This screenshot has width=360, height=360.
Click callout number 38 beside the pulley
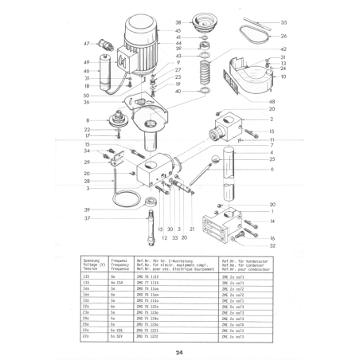[x=178, y=22]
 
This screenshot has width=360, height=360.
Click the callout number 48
[x=272, y=102]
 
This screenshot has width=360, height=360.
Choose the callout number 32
[x=272, y=246]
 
